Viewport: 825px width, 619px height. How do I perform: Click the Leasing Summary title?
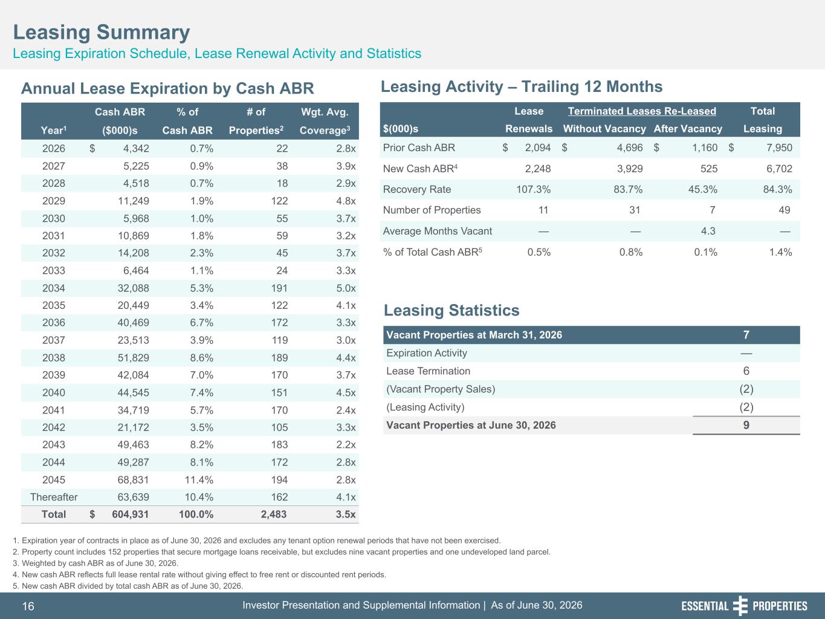point(102,32)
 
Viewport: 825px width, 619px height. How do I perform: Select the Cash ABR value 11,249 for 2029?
point(134,201)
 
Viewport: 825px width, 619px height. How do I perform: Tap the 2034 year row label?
point(53,288)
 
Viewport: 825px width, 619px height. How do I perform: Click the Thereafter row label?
point(54,497)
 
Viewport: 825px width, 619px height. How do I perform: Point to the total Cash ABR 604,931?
point(130,514)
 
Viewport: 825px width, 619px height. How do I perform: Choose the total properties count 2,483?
point(274,514)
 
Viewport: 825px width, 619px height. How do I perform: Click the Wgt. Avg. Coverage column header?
point(325,121)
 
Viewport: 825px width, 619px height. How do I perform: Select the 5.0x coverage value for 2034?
point(346,288)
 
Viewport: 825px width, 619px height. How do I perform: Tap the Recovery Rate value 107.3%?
point(533,189)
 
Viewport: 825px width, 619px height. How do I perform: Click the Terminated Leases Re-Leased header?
point(642,111)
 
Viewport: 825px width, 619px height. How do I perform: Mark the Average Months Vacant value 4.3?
point(708,231)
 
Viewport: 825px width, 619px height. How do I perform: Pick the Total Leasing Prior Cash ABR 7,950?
point(779,147)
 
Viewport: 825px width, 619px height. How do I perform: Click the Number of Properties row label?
point(432,210)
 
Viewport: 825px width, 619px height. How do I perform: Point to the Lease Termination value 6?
point(746,371)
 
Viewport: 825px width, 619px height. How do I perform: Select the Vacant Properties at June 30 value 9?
point(746,426)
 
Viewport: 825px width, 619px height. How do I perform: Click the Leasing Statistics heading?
point(451,311)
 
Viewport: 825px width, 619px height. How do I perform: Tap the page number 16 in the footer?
point(28,606)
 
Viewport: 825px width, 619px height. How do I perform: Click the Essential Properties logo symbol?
point(740,606)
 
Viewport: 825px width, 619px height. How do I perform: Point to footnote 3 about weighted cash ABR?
point(95,563)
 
